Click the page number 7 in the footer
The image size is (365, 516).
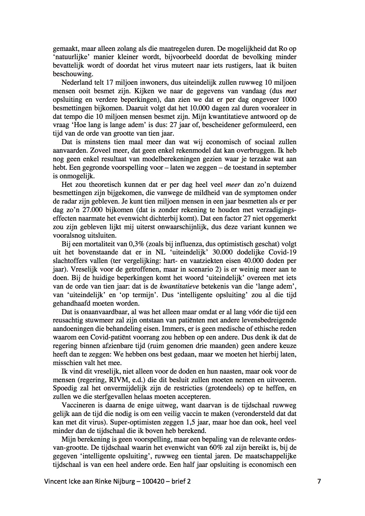tap(319, 481)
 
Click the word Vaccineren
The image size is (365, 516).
tap(76, 405)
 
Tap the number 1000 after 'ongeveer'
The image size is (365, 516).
tap(289, 99)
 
